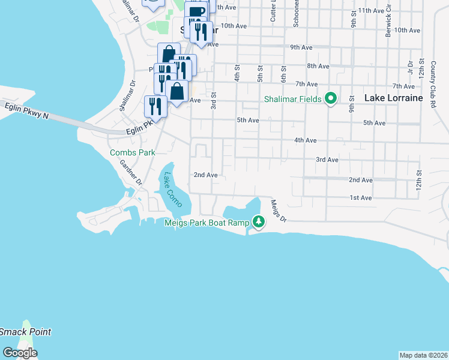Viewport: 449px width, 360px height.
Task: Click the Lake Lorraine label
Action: pos(394,97)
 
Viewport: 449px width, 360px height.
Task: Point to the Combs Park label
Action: pos(132,152)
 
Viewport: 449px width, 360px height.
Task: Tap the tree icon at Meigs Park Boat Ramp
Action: pos(259,221)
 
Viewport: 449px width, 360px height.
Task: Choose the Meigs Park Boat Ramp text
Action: pos(207,222)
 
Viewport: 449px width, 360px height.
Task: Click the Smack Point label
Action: pos(25,332)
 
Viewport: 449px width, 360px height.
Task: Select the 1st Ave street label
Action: pos(361,197)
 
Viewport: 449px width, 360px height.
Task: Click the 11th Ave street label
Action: pos(369,11)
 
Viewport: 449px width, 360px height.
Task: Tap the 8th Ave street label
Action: pos(318,65)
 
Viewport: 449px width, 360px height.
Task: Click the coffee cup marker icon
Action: pos(196,11)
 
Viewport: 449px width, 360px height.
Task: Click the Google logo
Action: pos(19,353)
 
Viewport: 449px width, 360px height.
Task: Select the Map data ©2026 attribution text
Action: pos(423,355)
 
